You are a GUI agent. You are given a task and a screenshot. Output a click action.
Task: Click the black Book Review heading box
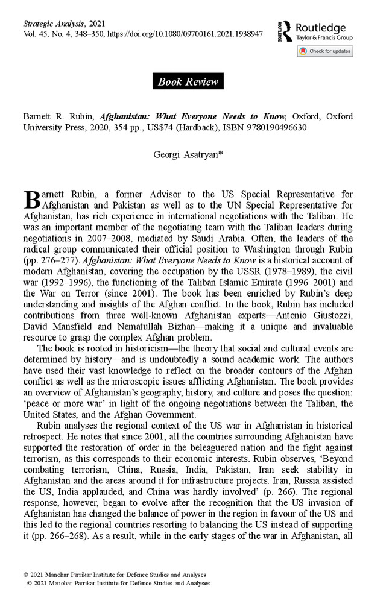pos(188,81)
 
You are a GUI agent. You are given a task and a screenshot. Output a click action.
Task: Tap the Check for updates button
pos(325,51)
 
